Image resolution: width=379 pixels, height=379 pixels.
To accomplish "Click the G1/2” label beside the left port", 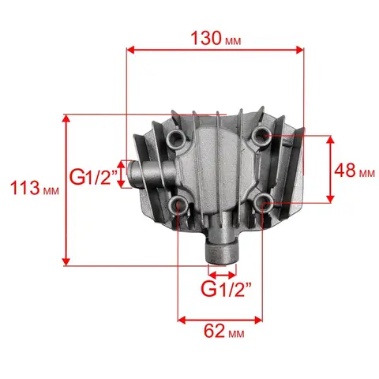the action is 93,177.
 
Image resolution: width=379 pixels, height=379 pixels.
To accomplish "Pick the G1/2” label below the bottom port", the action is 226,290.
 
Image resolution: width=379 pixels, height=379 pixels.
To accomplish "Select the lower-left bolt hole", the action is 177,204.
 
